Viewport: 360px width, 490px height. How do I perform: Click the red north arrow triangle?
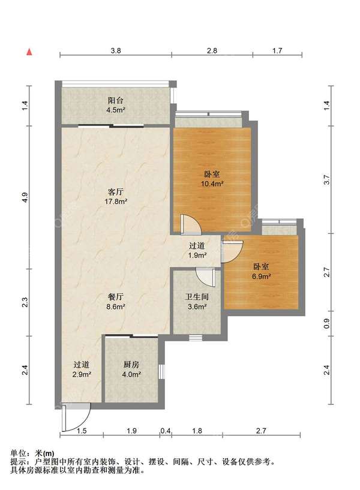[x=29, y=52]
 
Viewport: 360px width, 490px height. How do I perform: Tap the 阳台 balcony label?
[x=116, y=101]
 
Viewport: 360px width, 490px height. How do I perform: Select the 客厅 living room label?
[x=116, y=191]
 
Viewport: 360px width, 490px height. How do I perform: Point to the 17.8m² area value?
[x=116, y=202]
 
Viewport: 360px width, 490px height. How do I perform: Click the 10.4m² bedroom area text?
[x=212, y=184]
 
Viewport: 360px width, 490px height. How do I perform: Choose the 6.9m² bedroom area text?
[x=261, y=276]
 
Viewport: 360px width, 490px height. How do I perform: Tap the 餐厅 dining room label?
[x=116, y=297]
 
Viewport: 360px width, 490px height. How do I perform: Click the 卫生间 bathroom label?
[x=197, y=297]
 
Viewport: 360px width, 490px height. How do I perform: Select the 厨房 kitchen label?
[x=131, y=365]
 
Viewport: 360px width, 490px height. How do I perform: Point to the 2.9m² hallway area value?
[x=82, y=374]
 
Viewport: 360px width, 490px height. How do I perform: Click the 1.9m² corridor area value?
[x=197, y=255]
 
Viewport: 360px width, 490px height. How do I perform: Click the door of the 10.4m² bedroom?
[x=191, y=224]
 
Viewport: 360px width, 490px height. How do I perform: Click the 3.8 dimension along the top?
[x=116, y=50]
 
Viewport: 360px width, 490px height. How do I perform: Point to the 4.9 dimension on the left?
[x=25, y=197]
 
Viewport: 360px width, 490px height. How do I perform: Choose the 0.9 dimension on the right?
[x=326, y=323]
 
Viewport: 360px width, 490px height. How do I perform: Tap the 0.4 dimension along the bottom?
[x=166, y=431]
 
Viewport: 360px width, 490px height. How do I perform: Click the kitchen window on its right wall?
[x=161, y=372]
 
